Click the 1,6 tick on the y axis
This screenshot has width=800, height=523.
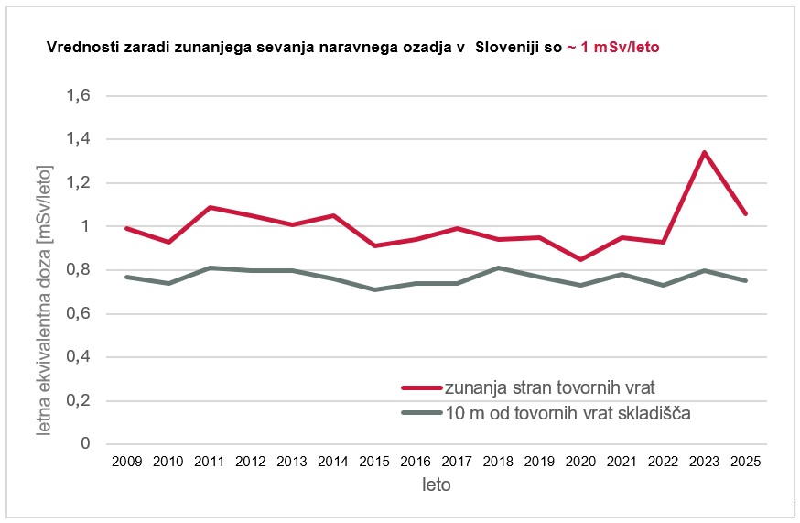tap(80, 96)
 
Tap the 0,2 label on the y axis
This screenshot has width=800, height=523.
tap(80, 400)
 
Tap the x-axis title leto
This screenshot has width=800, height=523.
tap(436, 485)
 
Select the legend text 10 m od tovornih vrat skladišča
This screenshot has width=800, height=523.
tap(567, 413)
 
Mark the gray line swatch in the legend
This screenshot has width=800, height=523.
tap(421, 413)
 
